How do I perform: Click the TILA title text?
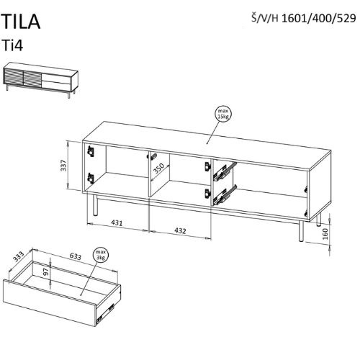click(21, 22)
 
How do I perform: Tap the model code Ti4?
click(12, 45)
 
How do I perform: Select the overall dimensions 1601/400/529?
click(318, 18)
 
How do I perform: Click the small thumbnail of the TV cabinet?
click(40, 79)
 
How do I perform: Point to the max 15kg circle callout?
click(223, 114)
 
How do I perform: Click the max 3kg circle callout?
click(101, 255)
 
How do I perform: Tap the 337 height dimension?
click(64, 166)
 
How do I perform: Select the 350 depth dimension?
click(159, 168)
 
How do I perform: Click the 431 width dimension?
click(117, 223)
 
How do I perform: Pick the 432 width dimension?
click(180, 231)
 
